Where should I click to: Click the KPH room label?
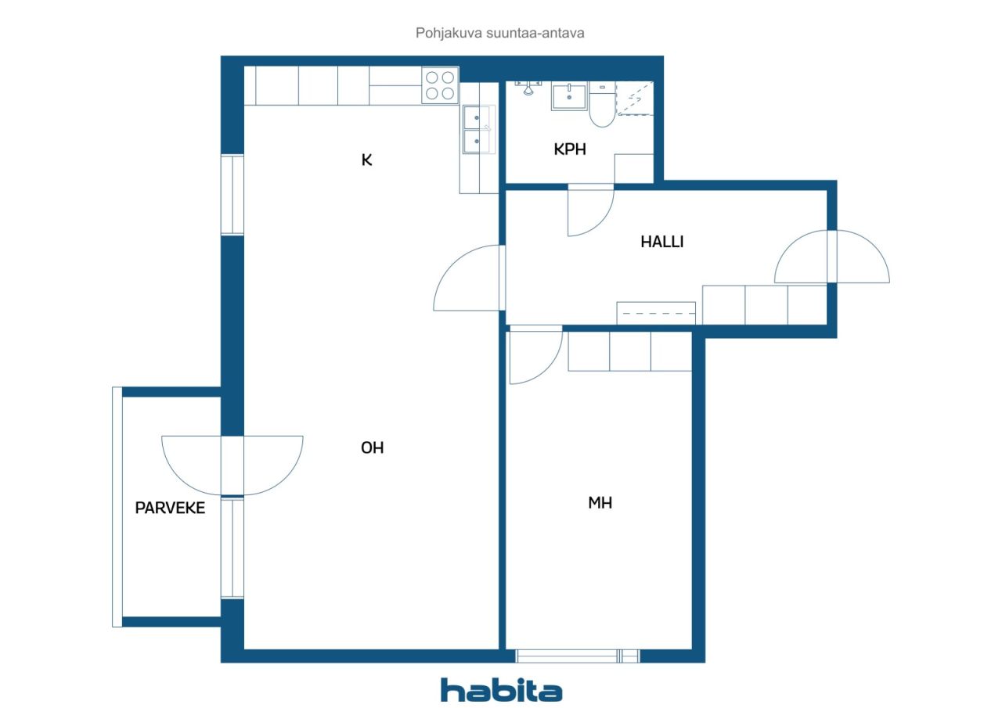tap(569, 149)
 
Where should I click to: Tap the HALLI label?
tap(662, 242)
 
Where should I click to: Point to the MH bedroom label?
tap(600, 503)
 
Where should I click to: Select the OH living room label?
tap(372, 447)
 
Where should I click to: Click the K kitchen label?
tap(366, 160)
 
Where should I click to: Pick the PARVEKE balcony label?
tap(170, 508)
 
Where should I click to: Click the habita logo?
tap(501, 691)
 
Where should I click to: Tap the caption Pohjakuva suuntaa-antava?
tap(499, 33)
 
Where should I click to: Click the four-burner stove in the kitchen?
tap(440, 85)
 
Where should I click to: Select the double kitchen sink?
tap(477, 129)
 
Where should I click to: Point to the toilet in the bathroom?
tap(602, 104)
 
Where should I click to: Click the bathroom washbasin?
tap(569, 95)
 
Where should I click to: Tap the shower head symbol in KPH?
tap(528, 88)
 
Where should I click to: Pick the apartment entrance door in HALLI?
tap(831, 257)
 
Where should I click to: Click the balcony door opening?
tap(232, 465)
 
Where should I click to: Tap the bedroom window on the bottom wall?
tap(578, 656)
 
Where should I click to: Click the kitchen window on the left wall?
tap(232, 195)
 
